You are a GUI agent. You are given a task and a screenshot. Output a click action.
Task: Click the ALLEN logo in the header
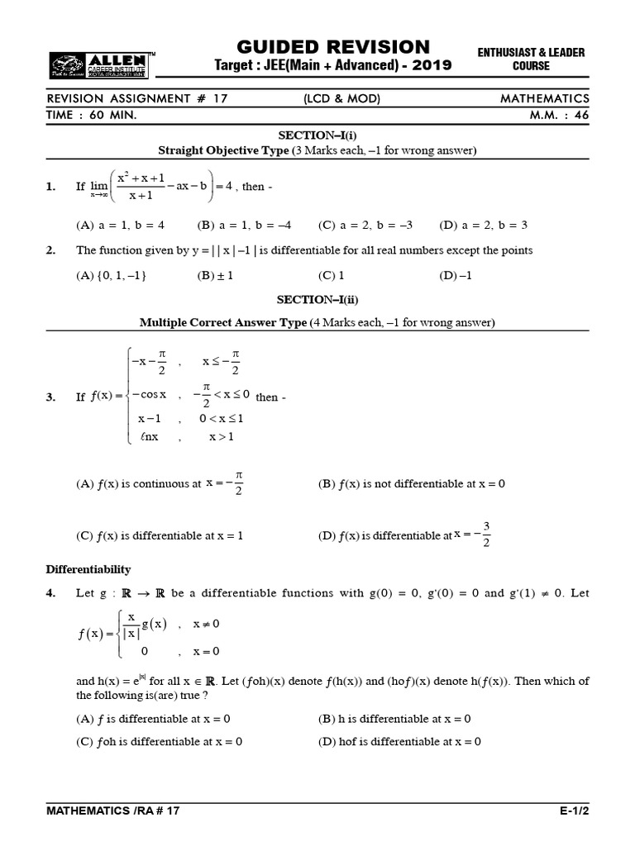[x=99, y=64]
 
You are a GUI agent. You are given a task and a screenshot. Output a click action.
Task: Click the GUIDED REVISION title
[x=333, y=46]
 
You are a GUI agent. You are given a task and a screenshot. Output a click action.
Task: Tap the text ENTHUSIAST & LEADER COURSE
[x=531, y=59]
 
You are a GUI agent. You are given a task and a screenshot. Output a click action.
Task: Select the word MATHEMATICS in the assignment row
[x=545, y=99]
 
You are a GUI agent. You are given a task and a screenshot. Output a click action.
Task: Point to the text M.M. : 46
[x=560, y=116]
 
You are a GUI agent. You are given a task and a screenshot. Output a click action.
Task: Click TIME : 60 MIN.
[x=92, y=116]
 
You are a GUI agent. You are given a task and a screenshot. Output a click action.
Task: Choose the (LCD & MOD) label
[x=341, y=99]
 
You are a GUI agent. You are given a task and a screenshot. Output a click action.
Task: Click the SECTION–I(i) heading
[x=317, y=135]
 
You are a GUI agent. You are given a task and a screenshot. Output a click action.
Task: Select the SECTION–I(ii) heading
[x=317, y=299]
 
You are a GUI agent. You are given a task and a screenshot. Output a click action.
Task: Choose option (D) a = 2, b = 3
[x=483, y=225]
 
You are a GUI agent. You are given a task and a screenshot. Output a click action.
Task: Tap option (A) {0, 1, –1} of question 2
[x=111, y=276]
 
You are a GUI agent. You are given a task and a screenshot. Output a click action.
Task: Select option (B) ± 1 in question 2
[x=215, y=276]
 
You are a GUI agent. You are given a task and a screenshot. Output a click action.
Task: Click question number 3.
[x=51, y=397]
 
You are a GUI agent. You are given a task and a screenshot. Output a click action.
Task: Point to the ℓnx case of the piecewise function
[x=150, y=437]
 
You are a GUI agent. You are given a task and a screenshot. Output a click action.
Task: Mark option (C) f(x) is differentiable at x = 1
[x=160, y=535]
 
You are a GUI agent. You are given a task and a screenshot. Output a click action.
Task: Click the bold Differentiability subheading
[x=88, y=569]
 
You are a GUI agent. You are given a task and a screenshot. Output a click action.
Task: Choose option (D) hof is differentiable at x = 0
[x=399, y=741]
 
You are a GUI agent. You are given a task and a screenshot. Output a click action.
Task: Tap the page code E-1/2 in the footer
[x=574, y=811]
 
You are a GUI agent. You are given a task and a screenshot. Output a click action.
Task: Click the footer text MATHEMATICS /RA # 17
[x=112, y=811]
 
